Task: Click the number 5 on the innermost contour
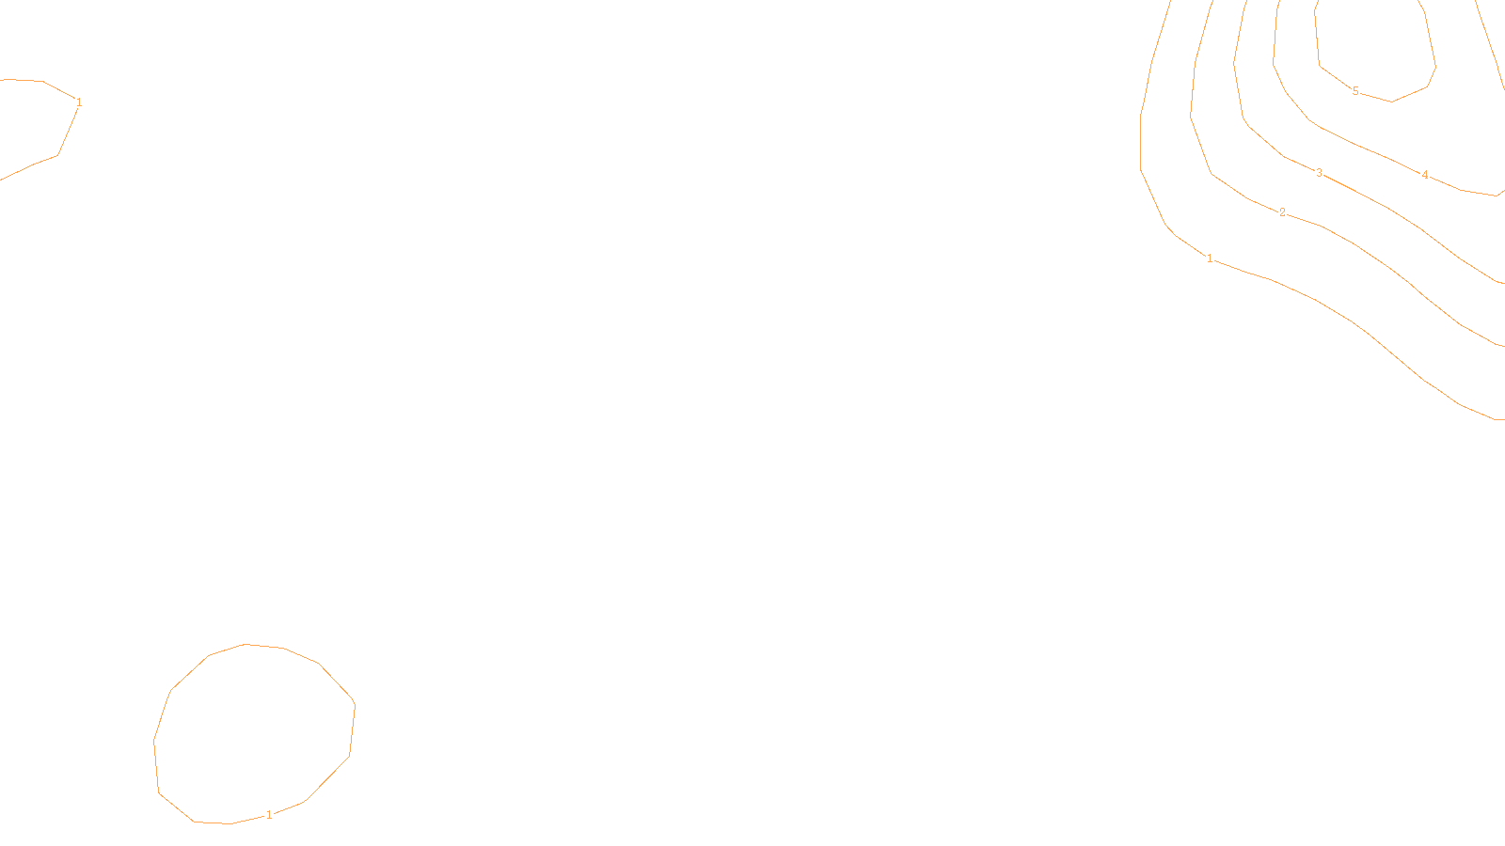pyautogui.click(x=1355, y=91)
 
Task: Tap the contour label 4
pyautogui.click(x=1425, y=175)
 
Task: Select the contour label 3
pyautogui.click(x=1320, y=173)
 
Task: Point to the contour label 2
pyautogui.click(x=1282, y=212)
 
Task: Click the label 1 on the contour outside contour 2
pyautogui.click(x=1210, y=258)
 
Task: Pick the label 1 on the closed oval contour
pyautogui.click(x=269, y=815)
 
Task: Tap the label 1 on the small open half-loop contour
pyautogui.click(x=79, y=102)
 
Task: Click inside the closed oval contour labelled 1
pyautogui.click(x=254, y=733)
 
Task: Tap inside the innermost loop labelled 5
pyautogui.click(x=1373, y=47)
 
